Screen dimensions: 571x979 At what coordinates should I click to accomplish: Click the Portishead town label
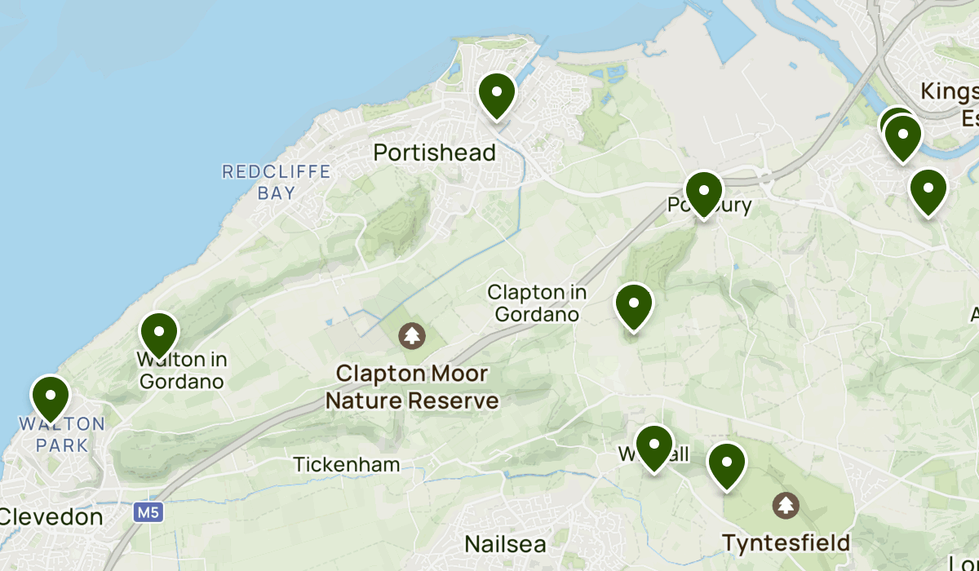(x=434, y=153)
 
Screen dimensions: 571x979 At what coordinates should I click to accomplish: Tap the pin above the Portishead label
(x=496, y=95)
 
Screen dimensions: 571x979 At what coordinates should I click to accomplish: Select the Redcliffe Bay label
(x=277, y=182)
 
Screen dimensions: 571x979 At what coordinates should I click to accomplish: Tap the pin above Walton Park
(x=51, y=397)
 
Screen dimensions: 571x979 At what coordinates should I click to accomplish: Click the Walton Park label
(x=62, y=435)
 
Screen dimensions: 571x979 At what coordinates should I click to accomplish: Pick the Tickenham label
(x=347, y=465)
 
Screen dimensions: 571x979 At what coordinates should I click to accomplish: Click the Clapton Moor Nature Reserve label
(x=412, y=387)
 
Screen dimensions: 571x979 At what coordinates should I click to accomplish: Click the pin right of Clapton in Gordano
(x=633, y=306)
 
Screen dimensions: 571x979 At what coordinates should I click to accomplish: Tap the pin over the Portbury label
(x=703, y=193)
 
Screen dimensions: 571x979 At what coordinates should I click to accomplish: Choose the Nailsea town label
(x=505, y=543)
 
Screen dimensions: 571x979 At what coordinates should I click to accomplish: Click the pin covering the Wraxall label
(x=653, y=447)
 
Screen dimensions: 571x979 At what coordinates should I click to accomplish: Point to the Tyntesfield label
(x=786, y=542)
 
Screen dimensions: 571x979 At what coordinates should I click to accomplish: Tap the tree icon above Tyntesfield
(x=786, y=505)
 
